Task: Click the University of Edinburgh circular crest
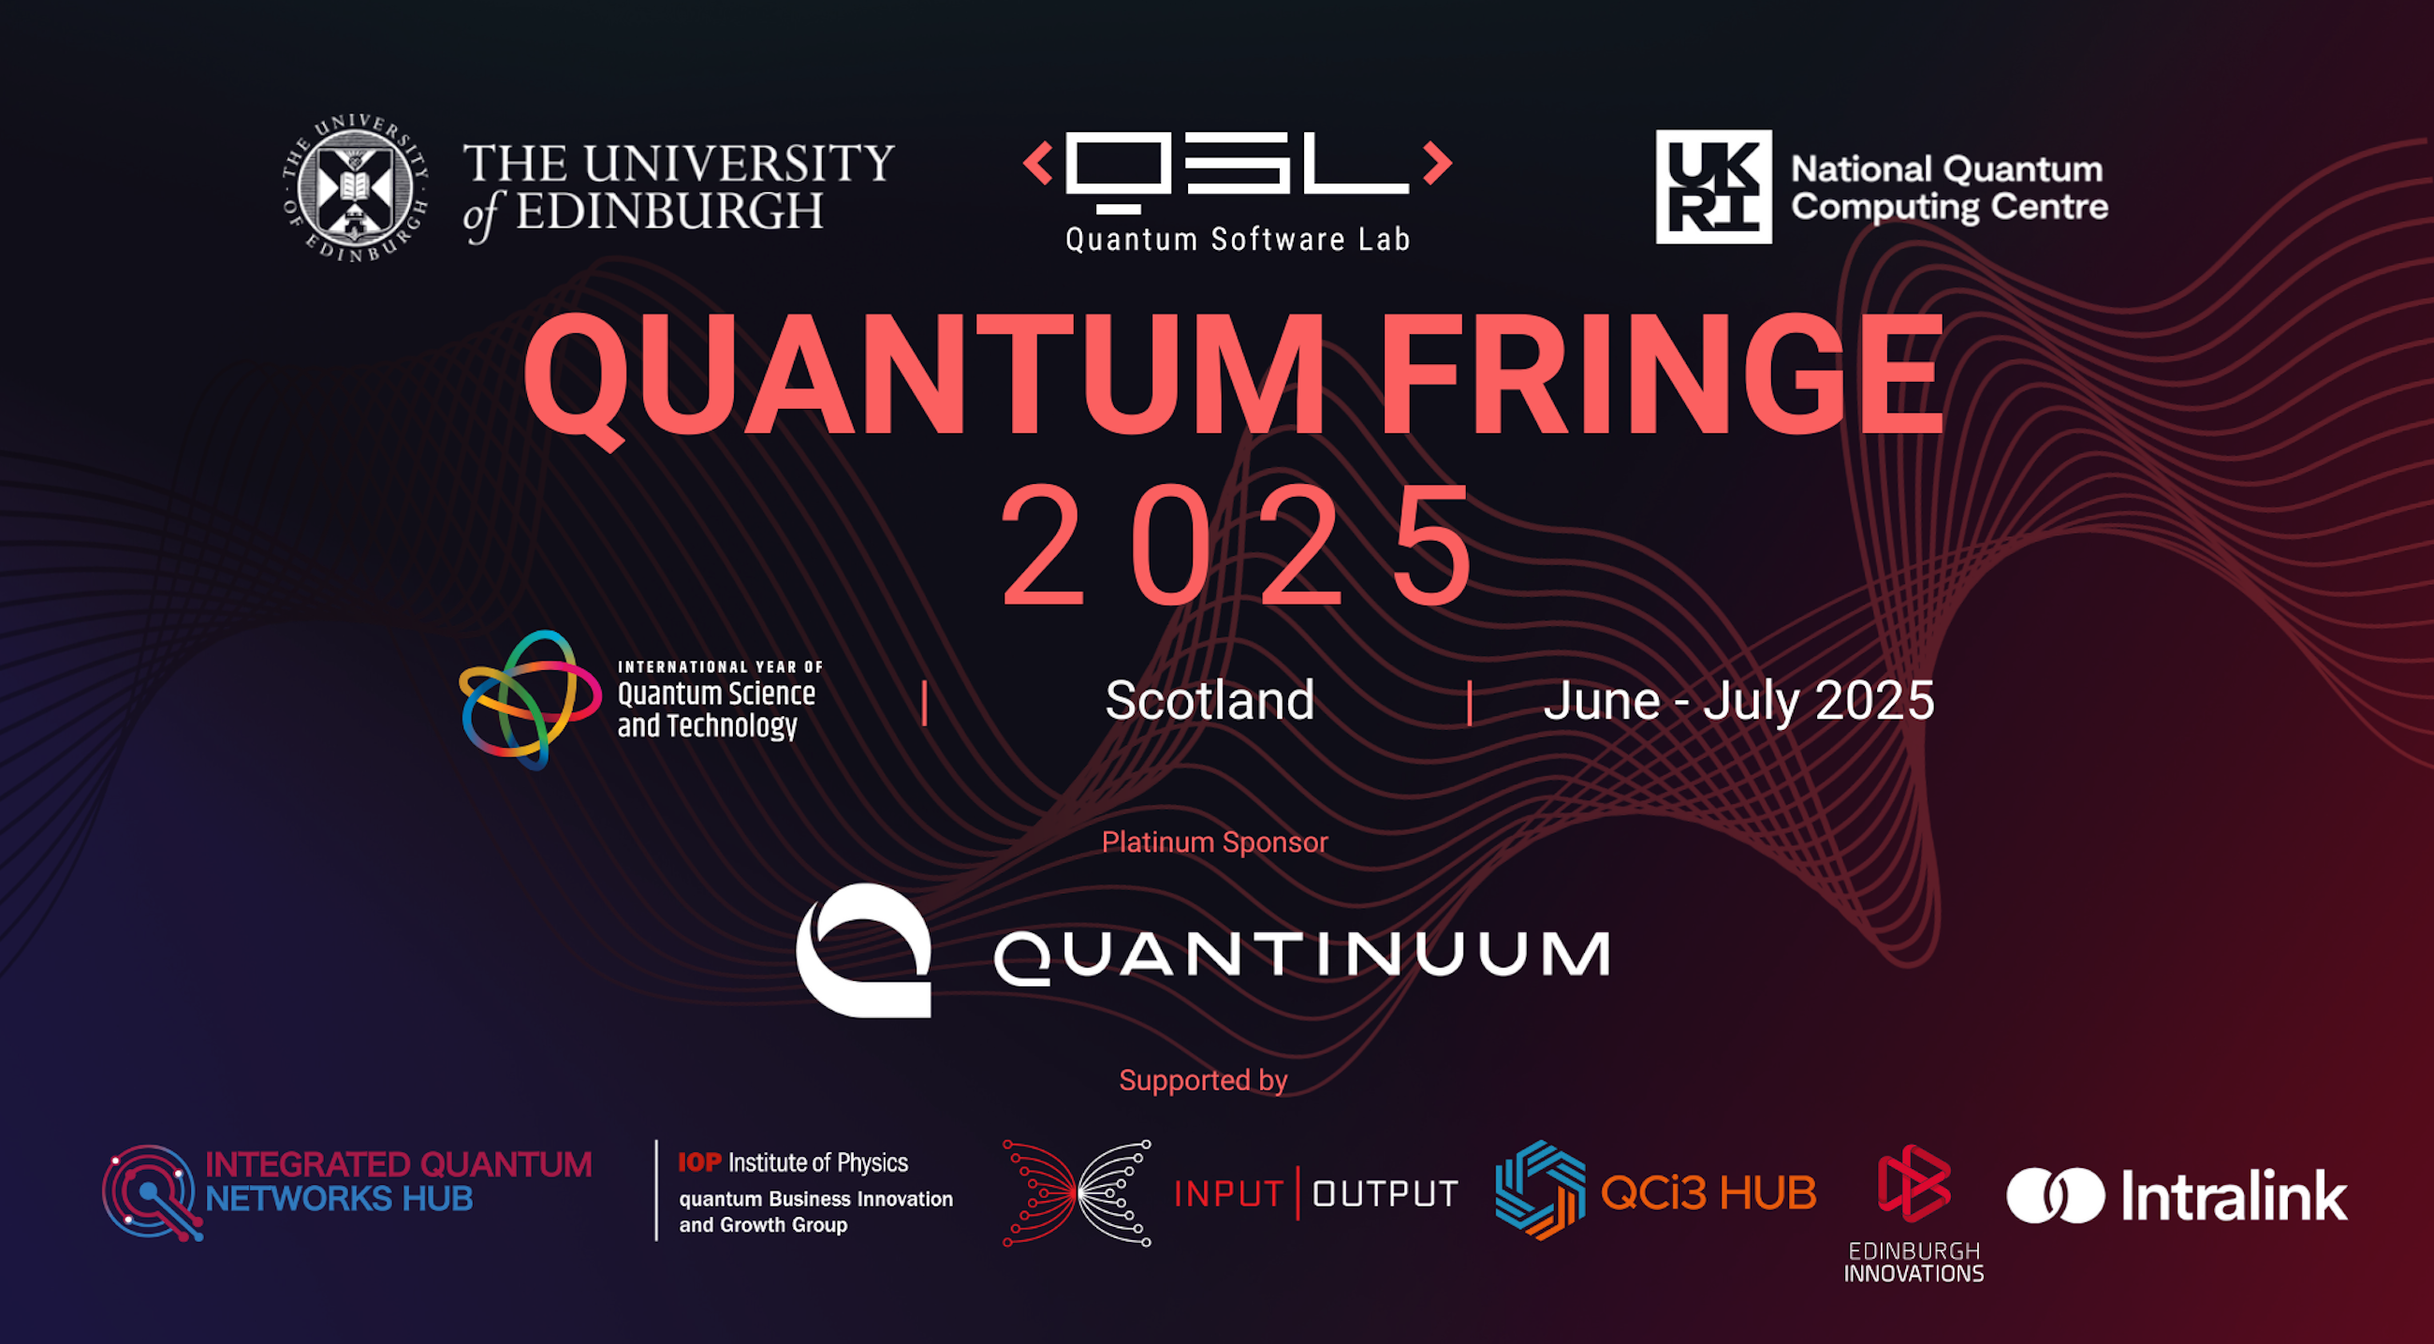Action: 356,188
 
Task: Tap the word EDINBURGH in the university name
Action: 669,212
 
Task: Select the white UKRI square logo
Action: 1713,186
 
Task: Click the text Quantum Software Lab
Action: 1238,239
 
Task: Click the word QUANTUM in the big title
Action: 924,377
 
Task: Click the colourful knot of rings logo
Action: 530,700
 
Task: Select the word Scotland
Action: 1210,701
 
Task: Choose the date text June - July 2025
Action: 1738,702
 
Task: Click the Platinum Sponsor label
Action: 1214,841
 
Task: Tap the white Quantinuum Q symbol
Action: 864,950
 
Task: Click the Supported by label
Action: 1203,1079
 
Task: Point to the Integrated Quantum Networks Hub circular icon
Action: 151,1193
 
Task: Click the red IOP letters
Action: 699,1161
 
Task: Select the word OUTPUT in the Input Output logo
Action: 1386,1194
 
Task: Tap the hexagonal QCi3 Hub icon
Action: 1540,1191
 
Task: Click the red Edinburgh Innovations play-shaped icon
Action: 1913,1183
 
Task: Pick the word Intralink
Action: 2235,1196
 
